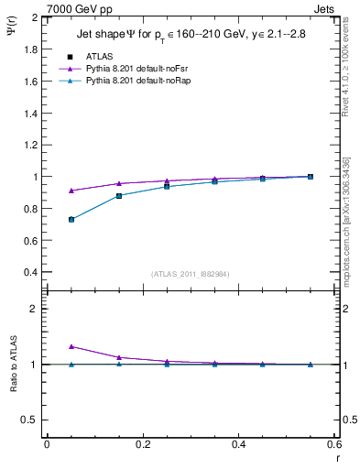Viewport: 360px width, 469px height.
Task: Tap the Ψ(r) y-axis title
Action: [11, 30]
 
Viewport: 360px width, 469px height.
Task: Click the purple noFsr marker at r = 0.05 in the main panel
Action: [71, 191]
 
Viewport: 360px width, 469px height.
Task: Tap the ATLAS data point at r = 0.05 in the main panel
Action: [71, 220]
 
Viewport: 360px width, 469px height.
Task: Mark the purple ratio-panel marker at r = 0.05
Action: [71, 346]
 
